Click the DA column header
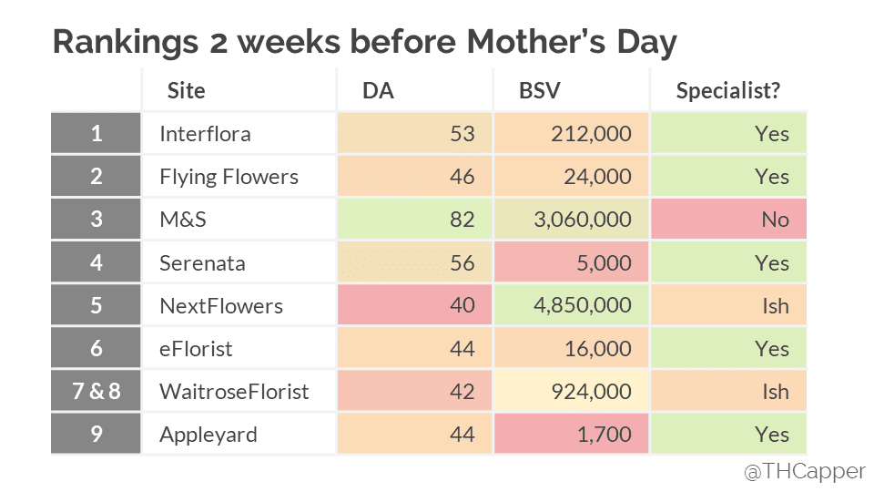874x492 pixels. [x=378, y=90]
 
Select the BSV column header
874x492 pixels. [x=539, y=90]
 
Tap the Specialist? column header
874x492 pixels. [x=728, y=90]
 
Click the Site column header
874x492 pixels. [x=186, y=90]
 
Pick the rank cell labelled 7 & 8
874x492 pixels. [x=97, y=392]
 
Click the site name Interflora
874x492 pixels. [x=205, y=134]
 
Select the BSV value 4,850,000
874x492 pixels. [x=572, y=305]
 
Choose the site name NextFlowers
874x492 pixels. [x=220, y=305]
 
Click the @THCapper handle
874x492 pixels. [x=804, y=472]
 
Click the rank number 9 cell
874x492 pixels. [x=97, y=435]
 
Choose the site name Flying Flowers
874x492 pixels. [x=229, y=177]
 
